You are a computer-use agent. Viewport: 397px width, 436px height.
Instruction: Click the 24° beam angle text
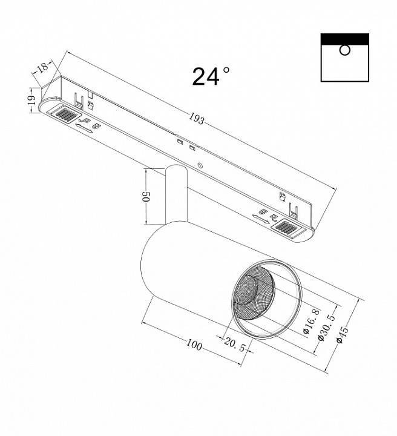(211, 77)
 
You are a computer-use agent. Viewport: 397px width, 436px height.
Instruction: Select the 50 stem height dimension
(145, 197)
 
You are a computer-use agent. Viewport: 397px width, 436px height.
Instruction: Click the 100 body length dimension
(194, 346)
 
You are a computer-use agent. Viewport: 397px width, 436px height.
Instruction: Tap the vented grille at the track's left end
(65, 113)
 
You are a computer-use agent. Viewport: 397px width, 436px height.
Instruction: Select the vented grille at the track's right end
(287, 228)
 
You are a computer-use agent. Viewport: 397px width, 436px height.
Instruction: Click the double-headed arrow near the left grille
(85, 128)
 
